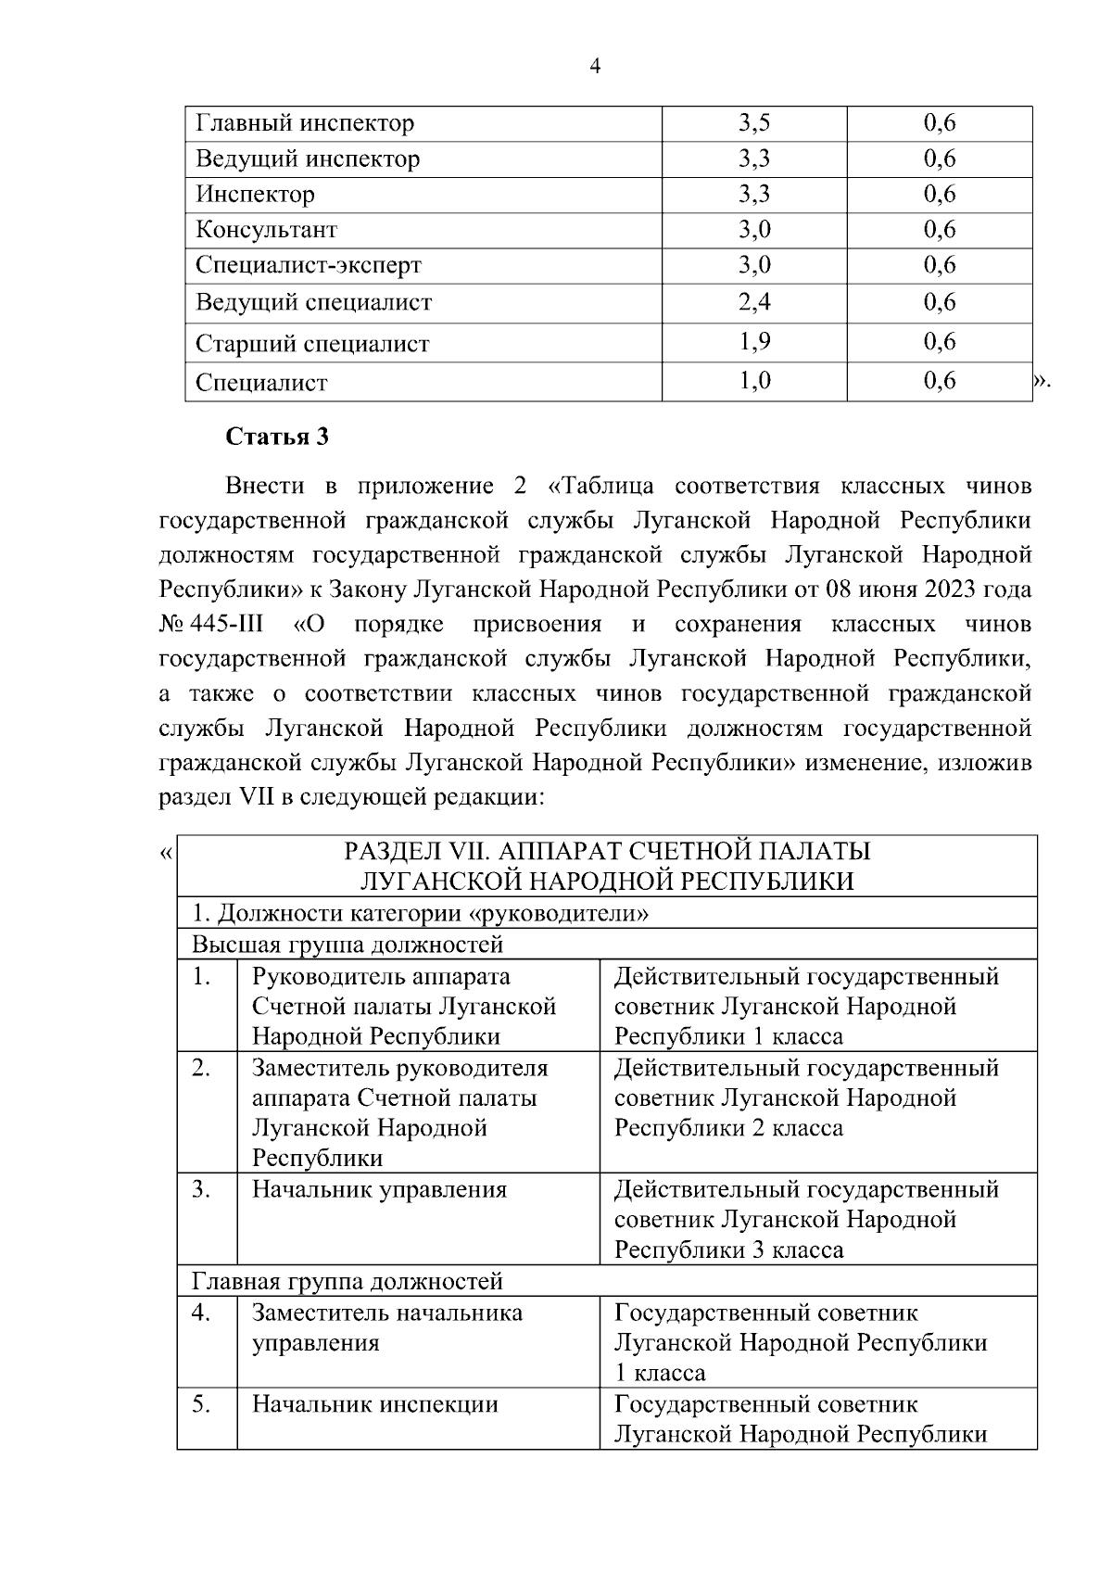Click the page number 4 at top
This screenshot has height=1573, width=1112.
point(594,66)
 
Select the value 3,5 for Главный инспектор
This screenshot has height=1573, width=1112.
point(754,123)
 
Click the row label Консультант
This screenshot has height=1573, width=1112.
point(266,230)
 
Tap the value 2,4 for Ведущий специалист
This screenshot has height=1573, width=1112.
point(754,302)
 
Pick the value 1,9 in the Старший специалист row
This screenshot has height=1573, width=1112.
point(754,342)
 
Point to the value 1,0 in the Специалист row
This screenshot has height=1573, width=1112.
point(754,381)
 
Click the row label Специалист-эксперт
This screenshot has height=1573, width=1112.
point(308,266)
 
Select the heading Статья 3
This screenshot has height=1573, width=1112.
point(277,438)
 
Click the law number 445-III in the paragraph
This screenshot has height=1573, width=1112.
point(228,625)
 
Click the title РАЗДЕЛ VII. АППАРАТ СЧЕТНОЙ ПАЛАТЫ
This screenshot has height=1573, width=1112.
point(607,851)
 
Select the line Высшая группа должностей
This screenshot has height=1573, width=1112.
point(347,945)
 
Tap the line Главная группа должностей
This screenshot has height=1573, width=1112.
point(347,1282)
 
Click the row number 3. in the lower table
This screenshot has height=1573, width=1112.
point(202,1189)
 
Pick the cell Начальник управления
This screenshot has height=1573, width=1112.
point(379,1189)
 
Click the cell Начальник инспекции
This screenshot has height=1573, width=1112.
point(374,1404)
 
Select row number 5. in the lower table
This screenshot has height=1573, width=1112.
point(202,1404)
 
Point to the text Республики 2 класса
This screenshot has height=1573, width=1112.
point(728,1128)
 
